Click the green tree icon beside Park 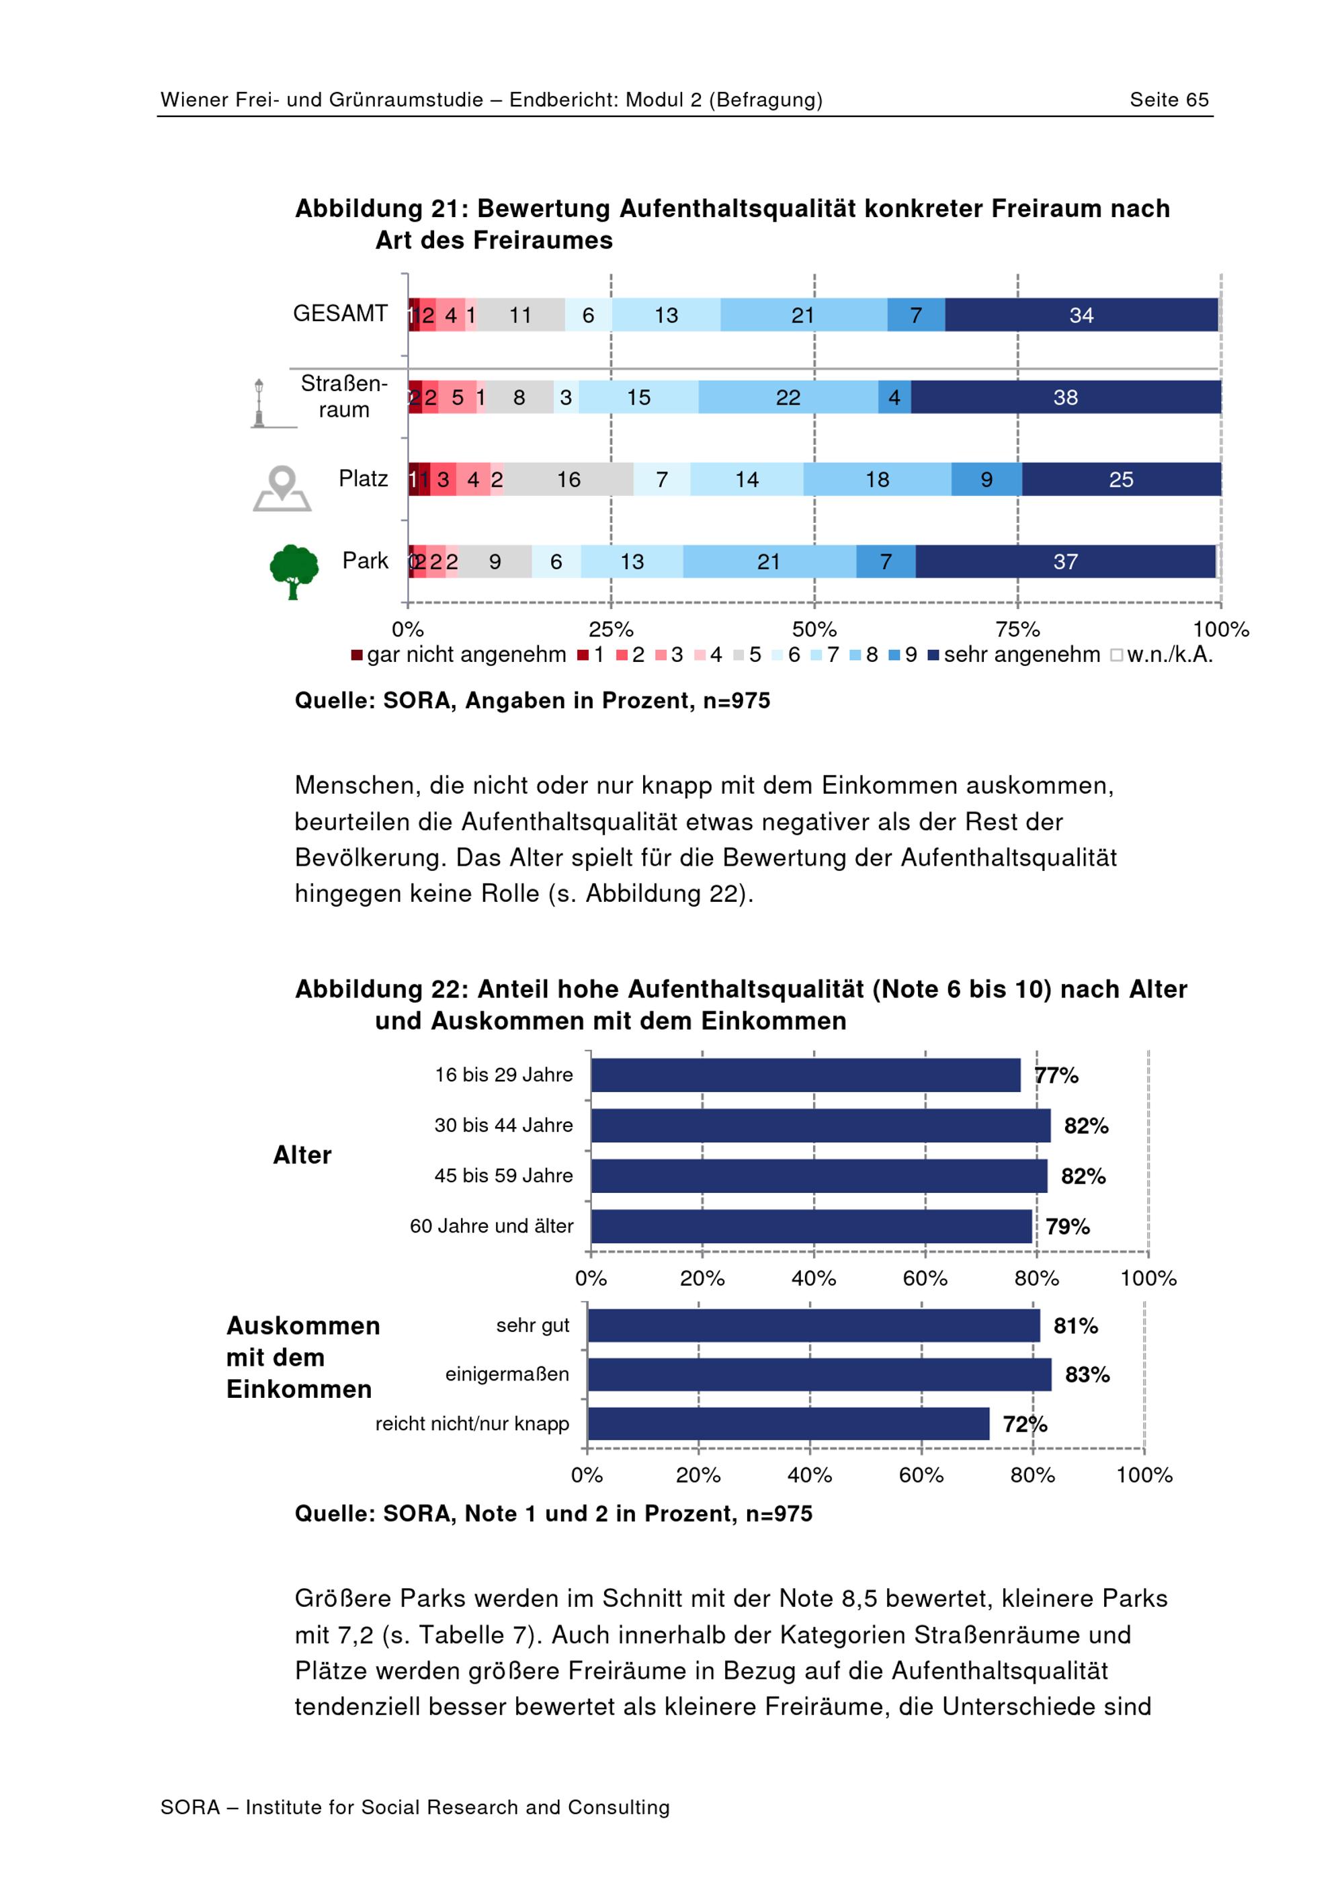coord(294,571)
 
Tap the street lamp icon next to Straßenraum coord(259,403)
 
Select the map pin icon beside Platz coord(282,488)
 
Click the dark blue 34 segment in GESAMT coord(1081,315)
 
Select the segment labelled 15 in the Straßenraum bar coord(638,398)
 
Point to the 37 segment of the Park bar coord(1065,562)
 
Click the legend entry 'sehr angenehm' coord(1015,655)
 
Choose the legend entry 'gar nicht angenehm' coord(459,655)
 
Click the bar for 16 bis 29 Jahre coord(806,1075)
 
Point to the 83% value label coord(1087,1375)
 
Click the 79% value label coord(1067,1227)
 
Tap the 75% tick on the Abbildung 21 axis coord(1017,630)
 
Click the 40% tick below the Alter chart coord(813,1278)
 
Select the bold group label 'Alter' coord(302,1155)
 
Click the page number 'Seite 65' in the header coord(1169,100)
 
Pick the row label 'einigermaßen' coord(507,1374)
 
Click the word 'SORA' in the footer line coord(190,1807)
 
